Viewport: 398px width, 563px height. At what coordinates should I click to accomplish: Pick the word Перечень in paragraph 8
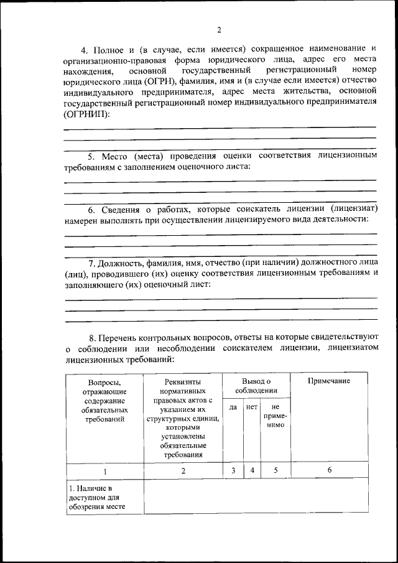122,336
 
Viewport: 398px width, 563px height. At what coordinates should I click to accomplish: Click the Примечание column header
330,381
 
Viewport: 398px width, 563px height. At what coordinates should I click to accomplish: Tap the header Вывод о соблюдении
256,386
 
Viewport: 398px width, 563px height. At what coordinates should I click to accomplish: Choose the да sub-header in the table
233,407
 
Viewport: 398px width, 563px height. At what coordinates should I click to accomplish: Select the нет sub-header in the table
252,407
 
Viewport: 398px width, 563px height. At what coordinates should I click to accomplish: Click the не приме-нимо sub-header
274,416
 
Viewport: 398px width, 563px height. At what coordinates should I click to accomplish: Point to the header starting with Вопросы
104,400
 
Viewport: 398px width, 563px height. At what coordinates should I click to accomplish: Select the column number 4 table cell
252,471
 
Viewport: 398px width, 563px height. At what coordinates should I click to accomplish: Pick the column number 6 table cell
330,471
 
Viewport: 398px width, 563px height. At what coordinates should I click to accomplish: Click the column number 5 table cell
274,471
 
